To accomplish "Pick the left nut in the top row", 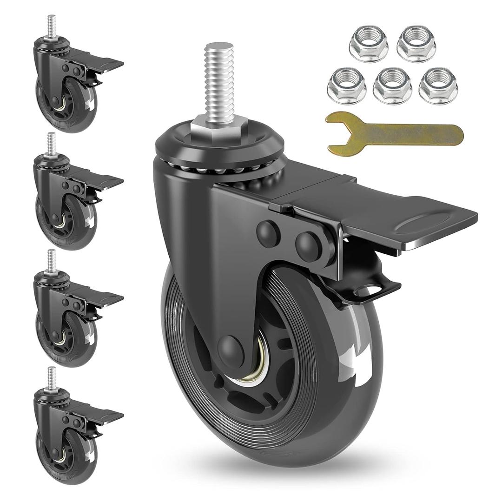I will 369,44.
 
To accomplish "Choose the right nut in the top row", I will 416,44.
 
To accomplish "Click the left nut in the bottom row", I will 346,86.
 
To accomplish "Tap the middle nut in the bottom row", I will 392,86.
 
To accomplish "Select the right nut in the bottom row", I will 438,86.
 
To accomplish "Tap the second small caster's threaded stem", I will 51,144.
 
